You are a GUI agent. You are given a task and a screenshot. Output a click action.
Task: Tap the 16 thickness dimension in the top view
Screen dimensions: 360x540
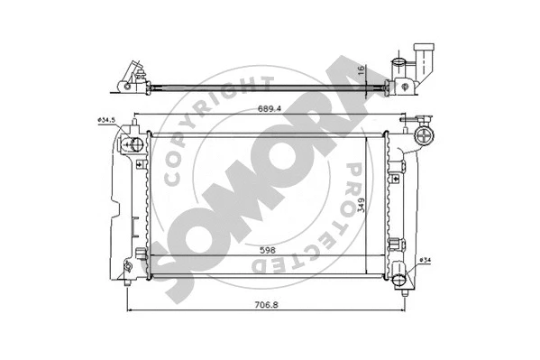point(359,69)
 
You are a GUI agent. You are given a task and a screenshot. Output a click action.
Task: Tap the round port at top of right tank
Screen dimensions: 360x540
point(425,136)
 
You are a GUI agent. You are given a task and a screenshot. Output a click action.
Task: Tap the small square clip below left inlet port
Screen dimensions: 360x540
point(139,165)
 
